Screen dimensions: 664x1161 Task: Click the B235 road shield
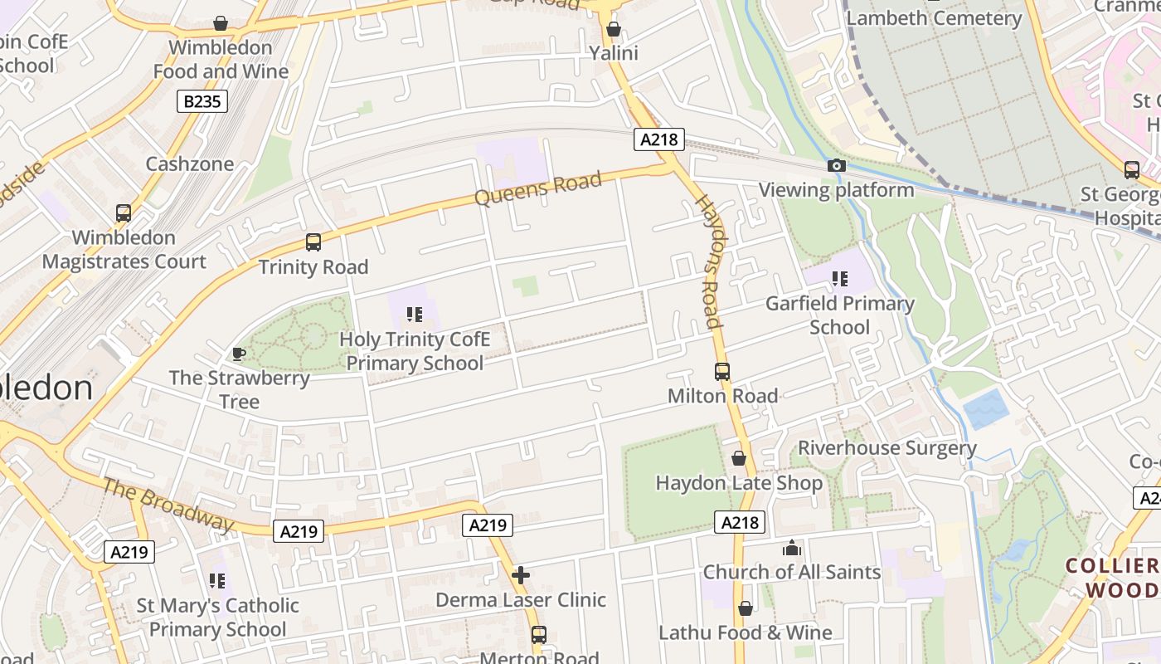[x=202, y=102]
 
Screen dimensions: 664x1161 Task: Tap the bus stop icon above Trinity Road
[x=313, y=242]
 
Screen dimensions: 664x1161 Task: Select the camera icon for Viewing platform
[x=836, y=166]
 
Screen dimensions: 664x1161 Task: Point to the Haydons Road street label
[x=708, y=261]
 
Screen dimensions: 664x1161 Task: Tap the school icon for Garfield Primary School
[x=839, y=279]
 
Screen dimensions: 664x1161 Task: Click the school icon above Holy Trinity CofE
[x=414, y=315]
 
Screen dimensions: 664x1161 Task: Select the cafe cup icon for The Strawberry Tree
[x=239, y=354]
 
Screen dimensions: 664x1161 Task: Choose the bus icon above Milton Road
[x=722, y=372]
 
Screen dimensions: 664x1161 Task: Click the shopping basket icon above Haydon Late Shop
[x=739, y=458]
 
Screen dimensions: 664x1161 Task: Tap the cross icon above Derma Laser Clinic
[x=521, y=574]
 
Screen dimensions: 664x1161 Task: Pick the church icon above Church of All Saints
[x=792, y=548]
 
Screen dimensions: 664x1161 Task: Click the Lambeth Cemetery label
[x=934, y=18]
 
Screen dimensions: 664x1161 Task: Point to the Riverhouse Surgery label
[x=887, y=448]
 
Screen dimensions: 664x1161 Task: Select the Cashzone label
[x=190, y=164]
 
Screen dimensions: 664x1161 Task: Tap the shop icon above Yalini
[x=614, y=30]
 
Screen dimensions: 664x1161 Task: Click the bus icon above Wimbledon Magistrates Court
[x=124, y=213]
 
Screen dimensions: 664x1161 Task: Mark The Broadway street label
[x=168, y=505]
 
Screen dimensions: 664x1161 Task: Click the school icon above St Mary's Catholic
[x=217, y=580]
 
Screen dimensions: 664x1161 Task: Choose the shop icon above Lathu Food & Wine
[x=745, y=608]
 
